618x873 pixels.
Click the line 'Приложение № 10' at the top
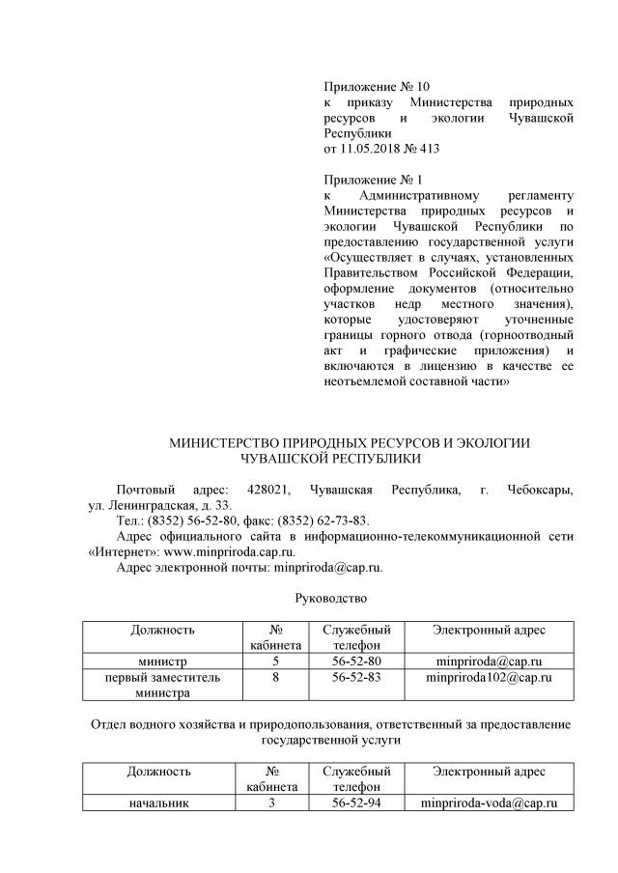[x=376, y=87]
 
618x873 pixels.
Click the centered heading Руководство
[x=331, y=598]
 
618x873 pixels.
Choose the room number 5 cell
[x=275, y=662]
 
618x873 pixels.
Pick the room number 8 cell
[x=275, y=678]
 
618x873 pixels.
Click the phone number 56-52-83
[x=356, y=678]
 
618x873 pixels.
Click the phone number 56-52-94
[x=356, y=803]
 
